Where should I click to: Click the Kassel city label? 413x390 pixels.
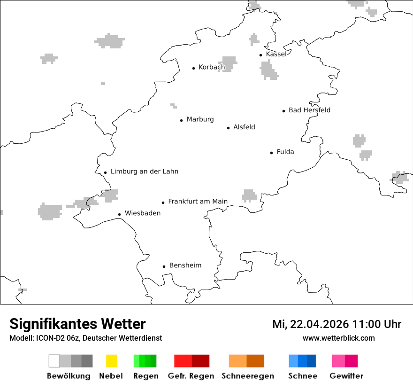276,54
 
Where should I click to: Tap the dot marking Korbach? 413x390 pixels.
193,68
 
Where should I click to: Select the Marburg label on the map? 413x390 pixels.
200,119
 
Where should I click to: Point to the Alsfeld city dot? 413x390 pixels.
229,128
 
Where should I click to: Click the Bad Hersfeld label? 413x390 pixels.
309,110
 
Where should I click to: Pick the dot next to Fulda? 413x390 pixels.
271,153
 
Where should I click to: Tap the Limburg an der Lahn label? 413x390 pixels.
144,172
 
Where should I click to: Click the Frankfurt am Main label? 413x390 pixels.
198,202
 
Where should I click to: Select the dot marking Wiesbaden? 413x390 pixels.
120,214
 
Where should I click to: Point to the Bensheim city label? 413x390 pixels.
185,265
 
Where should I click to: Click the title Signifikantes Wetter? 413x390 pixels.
77,324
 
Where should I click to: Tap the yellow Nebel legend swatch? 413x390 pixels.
111,361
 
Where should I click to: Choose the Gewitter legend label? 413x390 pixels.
346,376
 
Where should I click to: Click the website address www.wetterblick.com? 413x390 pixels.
338,338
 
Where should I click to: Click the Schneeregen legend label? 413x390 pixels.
248,376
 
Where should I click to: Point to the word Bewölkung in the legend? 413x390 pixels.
69,376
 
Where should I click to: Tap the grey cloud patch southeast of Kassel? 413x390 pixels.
269,70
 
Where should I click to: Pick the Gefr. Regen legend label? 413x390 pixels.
191,376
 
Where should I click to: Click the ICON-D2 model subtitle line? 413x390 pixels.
85,338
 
